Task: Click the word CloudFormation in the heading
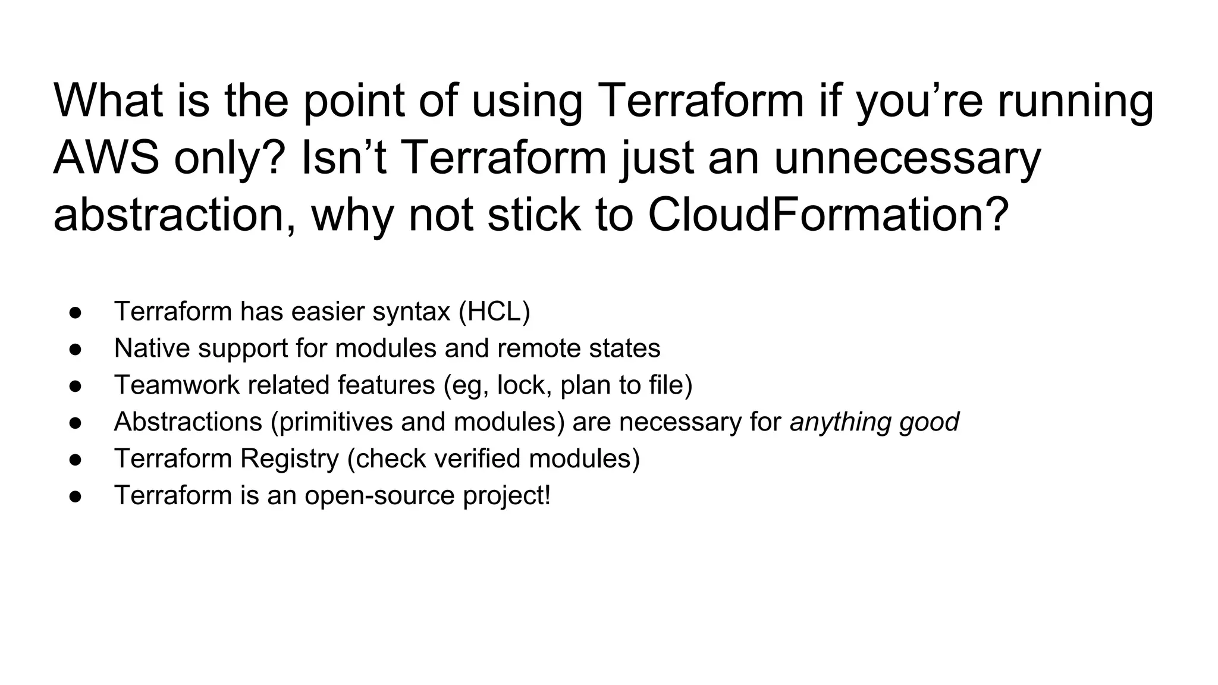[828, 215]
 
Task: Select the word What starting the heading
[108, 100]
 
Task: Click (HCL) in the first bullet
[494, 312]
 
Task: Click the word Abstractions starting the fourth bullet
[188, 422]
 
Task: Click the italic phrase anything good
[874, 422]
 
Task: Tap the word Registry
[289, 459]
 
